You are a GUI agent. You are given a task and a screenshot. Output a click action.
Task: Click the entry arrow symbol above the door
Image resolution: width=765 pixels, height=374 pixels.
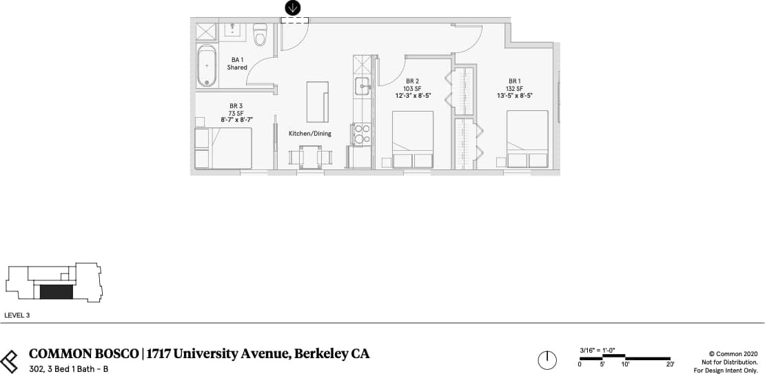[x=293, y=8]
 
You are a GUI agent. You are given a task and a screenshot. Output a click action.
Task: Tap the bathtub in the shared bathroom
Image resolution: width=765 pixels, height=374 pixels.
[x=206, y=65]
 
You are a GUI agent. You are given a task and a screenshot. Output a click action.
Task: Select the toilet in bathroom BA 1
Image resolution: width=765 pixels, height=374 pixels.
[x=260, y=34]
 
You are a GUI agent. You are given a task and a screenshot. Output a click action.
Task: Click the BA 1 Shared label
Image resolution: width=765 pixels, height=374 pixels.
[x=237, y=63]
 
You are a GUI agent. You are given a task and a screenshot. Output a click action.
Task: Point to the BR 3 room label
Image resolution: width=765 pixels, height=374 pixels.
[x=236, y=106]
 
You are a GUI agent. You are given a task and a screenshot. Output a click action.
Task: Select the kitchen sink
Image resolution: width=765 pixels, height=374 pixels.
[x=363, y=85]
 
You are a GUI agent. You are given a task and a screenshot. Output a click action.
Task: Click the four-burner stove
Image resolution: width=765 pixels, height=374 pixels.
[x=363, y=134]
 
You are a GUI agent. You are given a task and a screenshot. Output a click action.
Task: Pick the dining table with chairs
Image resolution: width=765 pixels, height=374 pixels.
[x=309, y=157]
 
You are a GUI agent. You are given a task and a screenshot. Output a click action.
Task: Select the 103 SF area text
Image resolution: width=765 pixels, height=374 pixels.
[x=413, y=88]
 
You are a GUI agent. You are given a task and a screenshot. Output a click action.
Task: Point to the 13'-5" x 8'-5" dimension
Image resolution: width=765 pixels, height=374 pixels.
[x=514, y=95]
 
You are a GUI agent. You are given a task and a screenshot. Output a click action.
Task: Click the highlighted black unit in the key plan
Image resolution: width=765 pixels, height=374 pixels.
[x=56, y=292]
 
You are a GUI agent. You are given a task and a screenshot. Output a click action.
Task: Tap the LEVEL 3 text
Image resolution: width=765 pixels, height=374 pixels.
[x=17, y=315]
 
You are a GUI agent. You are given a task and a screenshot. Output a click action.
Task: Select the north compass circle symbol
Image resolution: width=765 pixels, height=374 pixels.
[x=547, y=360]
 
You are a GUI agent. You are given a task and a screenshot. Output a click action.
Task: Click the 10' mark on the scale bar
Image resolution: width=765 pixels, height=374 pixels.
[x=625, y=364]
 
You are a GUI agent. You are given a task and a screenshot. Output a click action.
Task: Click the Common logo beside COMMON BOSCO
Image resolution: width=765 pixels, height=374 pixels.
[x=10, y=360]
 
